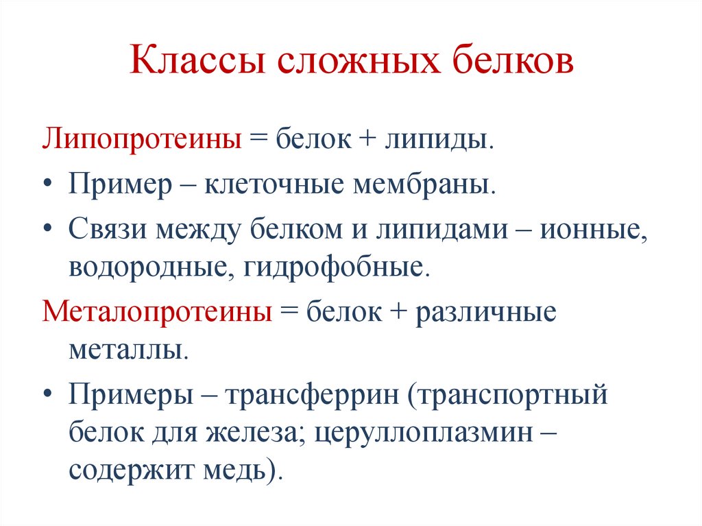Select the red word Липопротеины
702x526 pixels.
pos(143,141)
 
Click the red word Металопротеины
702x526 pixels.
pos(157,312)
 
